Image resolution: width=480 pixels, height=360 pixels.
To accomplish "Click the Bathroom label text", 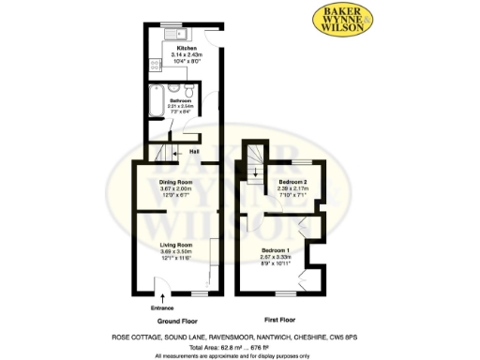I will click(180, 99).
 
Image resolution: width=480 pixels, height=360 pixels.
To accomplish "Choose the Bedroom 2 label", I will click(292, 181).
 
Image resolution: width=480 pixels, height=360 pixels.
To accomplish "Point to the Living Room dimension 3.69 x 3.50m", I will click(175, 251).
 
